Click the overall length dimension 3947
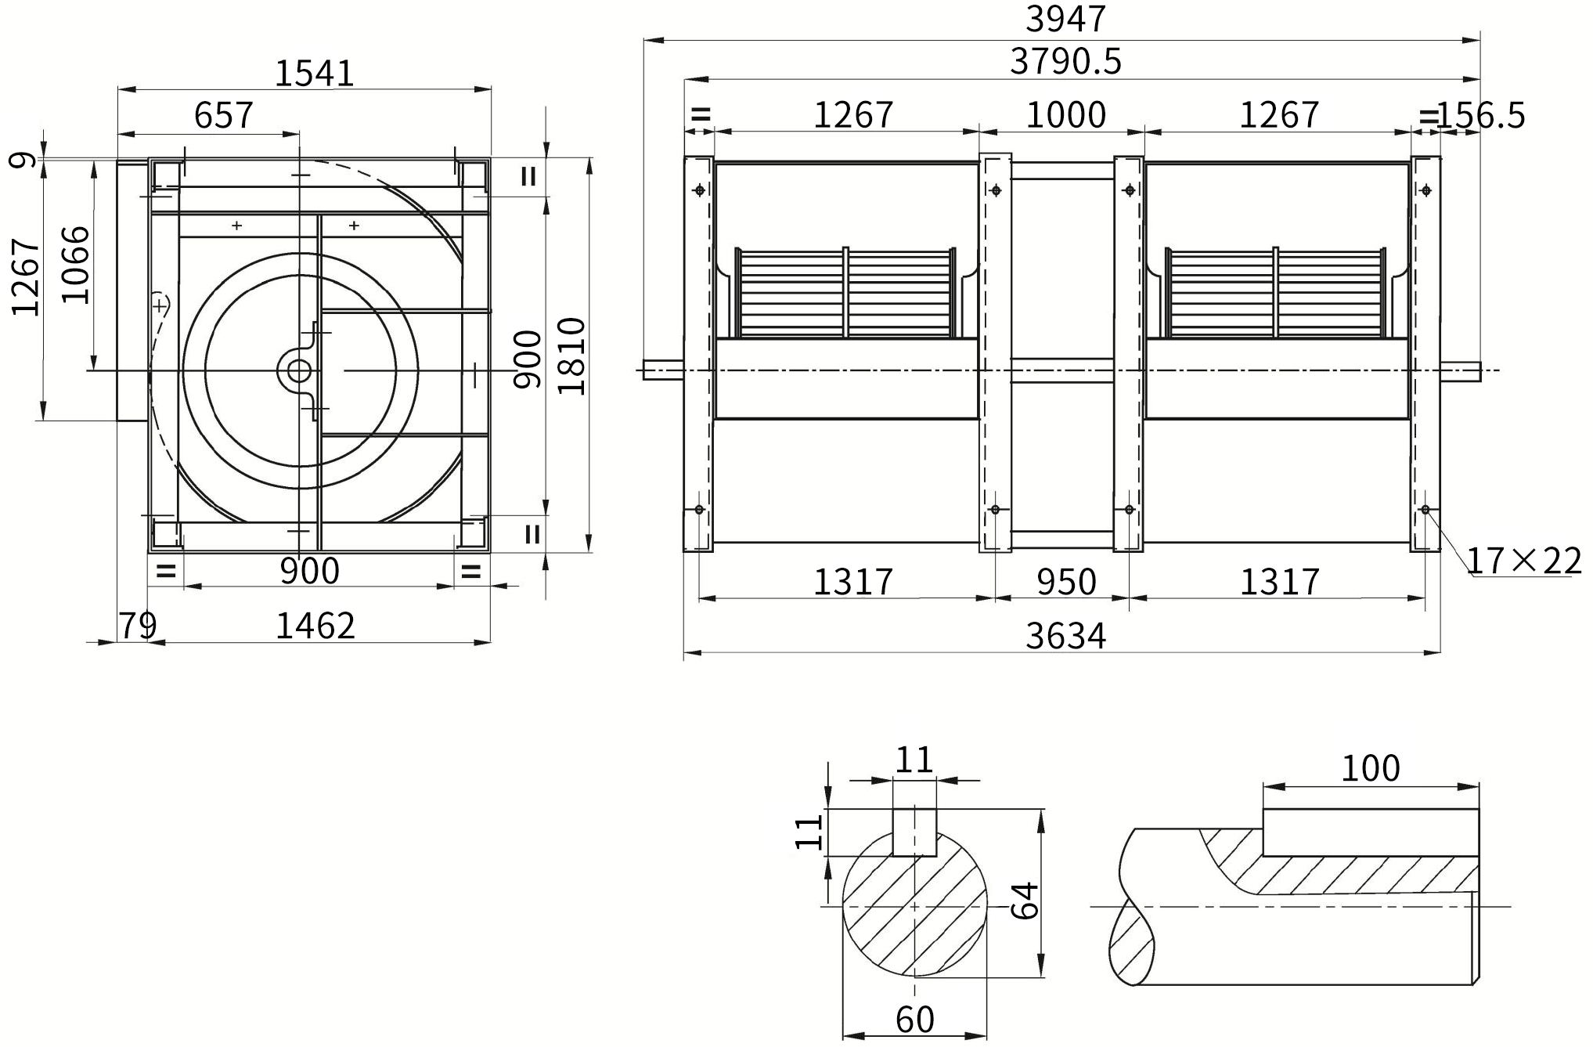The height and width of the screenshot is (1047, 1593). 1065,19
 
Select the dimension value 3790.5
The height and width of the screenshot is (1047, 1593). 1065,61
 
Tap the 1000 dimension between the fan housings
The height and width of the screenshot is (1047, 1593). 1065,115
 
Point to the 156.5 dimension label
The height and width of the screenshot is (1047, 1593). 1481,116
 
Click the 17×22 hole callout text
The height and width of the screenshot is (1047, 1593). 1523,561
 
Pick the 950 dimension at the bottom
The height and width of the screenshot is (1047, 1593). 1066,582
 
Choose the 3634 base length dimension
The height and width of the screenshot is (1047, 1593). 1065,636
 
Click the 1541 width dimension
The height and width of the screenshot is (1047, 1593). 315,74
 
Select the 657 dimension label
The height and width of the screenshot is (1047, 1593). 224,115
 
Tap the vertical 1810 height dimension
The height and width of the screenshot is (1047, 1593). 572,356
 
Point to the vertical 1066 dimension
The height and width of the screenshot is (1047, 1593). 76,264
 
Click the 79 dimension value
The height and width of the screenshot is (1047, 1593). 138,626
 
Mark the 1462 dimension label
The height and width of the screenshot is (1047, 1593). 315,626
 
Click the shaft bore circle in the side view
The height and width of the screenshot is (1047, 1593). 299,370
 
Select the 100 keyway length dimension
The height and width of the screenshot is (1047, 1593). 1371,769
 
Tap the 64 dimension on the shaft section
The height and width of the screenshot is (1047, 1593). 1025,900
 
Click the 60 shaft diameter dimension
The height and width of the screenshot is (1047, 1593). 914,1020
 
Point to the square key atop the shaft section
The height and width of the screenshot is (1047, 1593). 915,832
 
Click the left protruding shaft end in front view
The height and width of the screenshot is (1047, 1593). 663,370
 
